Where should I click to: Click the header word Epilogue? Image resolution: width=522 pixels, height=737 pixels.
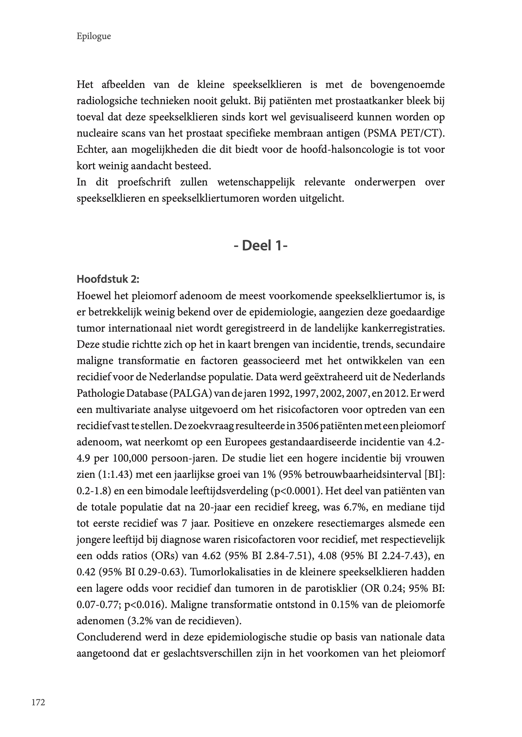[x=94, y=36]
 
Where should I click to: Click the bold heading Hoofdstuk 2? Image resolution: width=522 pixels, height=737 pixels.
[x=108, y=279]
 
